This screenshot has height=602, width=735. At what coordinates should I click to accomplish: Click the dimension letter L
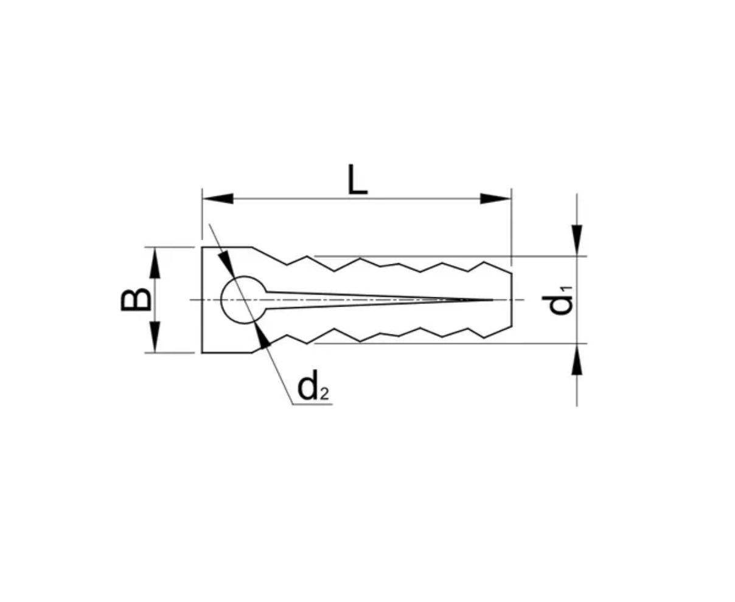(x=358, y=180)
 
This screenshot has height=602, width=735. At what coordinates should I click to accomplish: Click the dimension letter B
(x=136, y=300)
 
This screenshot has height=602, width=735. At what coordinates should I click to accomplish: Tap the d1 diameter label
(x=557, y=300)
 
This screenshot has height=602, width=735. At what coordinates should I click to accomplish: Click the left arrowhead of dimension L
(x=217, y=199)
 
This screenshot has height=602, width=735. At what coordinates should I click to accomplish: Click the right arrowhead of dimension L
(x=495, y=199)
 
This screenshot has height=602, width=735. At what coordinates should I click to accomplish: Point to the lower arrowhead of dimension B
(x=155, y=337)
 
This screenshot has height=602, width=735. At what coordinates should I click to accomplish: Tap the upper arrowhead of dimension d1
(x=577, y=240)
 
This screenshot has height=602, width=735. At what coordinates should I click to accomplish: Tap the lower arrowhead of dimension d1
(x=577, y=359)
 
